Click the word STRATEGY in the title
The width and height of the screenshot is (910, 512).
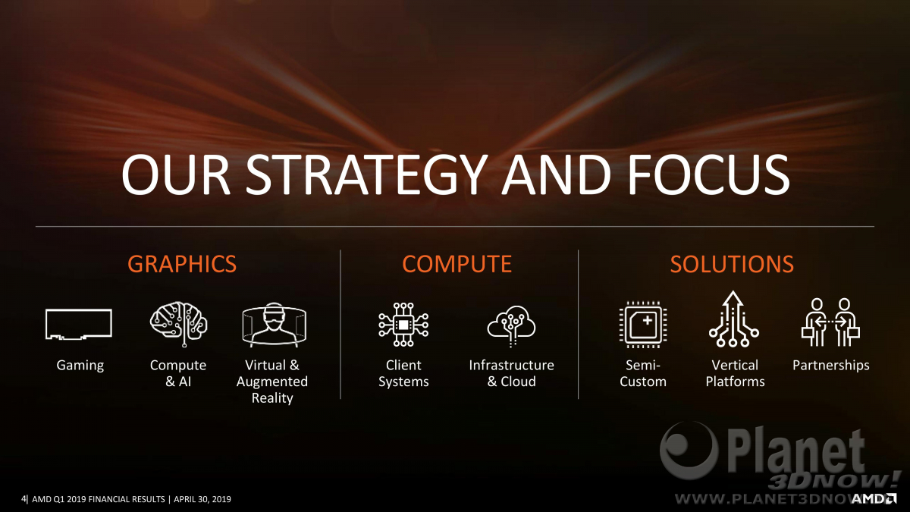(x=366, y=174)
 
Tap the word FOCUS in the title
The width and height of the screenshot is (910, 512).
(x=708, y=174)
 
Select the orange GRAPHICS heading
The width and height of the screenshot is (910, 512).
(x=182, y=264)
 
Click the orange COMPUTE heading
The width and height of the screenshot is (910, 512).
(x=457, y=264)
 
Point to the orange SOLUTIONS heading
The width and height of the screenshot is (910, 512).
(x=732, y=264)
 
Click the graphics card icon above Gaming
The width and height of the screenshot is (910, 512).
(x=79, y=324)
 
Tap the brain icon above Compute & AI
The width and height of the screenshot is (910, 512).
(x=179, y=324)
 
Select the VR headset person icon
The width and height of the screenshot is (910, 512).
(x=275, y=325)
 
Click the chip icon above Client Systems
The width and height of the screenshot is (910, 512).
(x=403, y=325)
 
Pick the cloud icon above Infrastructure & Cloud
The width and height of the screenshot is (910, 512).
(x=511, y=326)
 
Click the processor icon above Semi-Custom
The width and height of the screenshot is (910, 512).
(x=643, y=325)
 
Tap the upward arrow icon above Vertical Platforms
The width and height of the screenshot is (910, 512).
(x=733, y=319)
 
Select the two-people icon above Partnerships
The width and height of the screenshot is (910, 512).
(x=830, y=322)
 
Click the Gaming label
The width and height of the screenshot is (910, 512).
(x=80, y=366)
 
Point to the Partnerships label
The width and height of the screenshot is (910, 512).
(x=831, y=366)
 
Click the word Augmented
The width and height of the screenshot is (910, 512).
(x=272, y=382)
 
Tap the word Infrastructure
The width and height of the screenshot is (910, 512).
(x=511, y=365)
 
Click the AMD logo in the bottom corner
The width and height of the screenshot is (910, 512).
(x=874, y=498)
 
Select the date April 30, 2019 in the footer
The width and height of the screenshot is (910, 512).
(x=202, y=499)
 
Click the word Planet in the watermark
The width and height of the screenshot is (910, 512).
(x=795, y=453)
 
